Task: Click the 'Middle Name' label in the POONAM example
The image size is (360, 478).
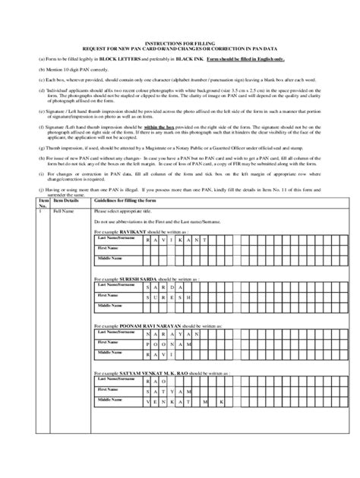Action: pyautogui.click(x=110, y=353)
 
